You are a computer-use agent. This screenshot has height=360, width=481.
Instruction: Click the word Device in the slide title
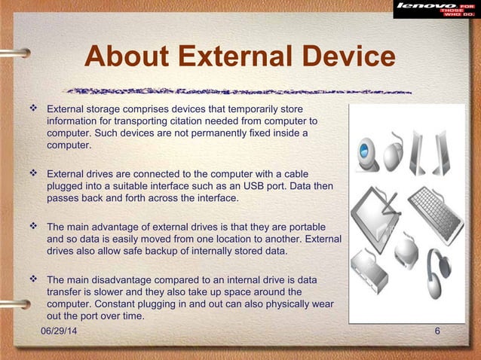pos(348,58)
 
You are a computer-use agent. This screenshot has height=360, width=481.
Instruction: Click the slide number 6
pos(438,332)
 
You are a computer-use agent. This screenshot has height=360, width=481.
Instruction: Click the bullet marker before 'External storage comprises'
pos(33,110)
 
